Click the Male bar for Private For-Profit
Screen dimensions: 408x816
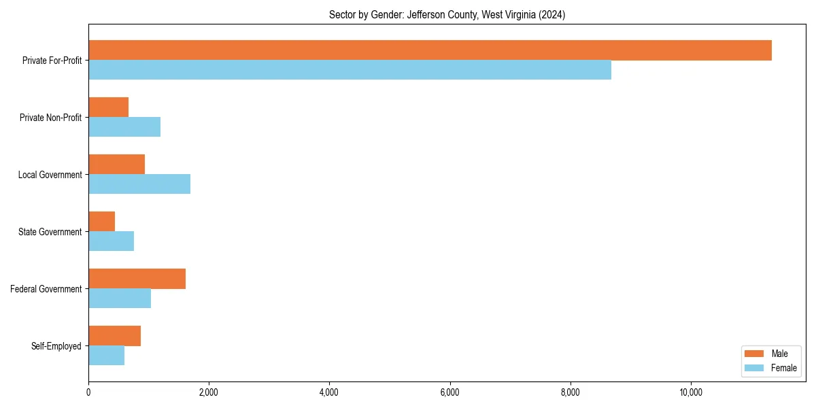430,50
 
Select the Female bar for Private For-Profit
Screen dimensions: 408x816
350,69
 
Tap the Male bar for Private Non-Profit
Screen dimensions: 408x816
108,107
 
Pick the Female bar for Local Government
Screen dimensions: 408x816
139,184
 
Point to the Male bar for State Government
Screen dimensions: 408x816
101,222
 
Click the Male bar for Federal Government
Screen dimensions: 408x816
137,279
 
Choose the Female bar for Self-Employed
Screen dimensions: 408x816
106,355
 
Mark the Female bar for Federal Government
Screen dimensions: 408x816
120,298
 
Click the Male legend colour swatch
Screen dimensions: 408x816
755,354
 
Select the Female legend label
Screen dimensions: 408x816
783,368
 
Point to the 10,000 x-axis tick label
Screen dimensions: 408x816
691,392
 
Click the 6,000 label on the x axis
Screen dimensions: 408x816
449,392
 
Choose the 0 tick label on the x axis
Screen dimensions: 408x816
88,392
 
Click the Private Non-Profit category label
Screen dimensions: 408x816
50,118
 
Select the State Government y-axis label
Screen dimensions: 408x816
50,232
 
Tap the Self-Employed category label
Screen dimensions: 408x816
56,346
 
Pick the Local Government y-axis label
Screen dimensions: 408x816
50,175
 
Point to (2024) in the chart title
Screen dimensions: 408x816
551,15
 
